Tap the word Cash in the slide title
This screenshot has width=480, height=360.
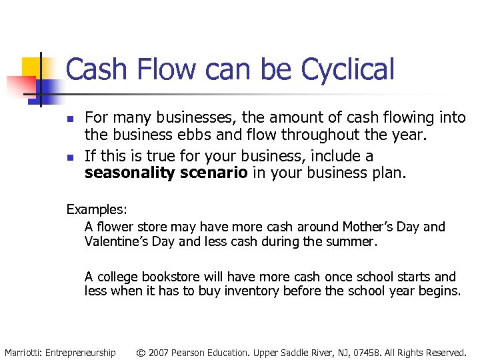(93, 69)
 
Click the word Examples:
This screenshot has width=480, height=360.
(96, 209)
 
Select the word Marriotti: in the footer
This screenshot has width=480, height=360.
(23, 352)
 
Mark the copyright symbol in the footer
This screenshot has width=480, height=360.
(141, 352)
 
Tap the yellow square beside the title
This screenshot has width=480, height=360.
(31, 67)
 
